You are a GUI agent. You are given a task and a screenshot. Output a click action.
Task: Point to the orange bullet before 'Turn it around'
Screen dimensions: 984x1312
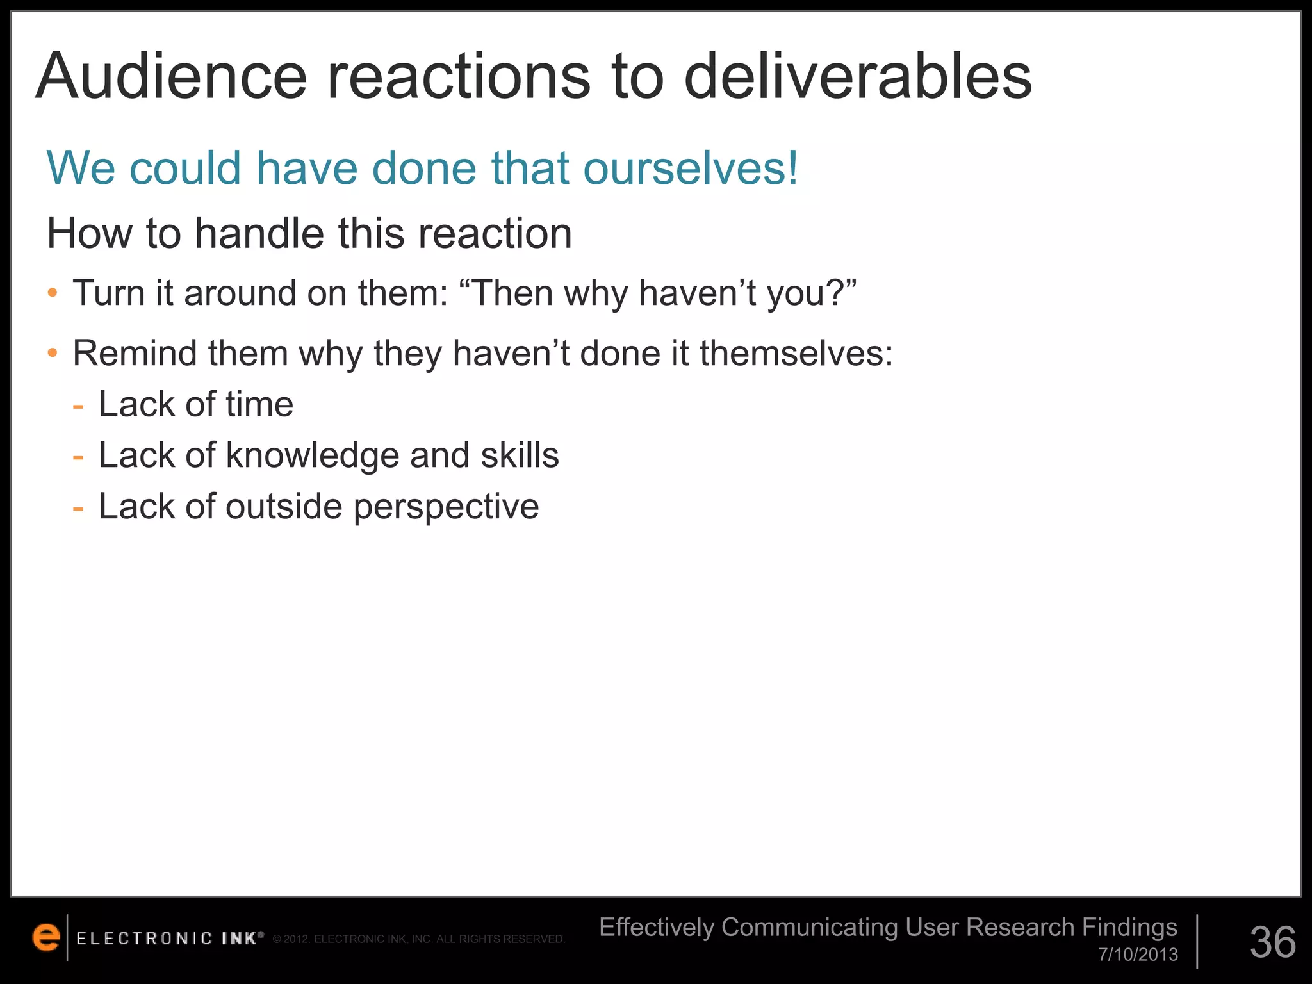[x=53, y=294]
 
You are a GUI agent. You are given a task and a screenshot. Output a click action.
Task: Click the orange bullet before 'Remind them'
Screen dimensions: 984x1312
[x=53, y=354]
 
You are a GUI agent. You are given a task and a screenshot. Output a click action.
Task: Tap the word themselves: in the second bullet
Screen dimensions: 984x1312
[x=796, y=354]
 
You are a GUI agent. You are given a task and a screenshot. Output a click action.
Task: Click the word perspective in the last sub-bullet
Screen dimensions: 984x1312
[x=446, y=507]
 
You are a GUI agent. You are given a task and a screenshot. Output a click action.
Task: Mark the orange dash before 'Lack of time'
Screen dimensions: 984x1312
[x=78, y=406]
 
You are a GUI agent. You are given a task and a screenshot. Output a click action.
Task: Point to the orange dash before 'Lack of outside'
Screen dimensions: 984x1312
[x=78, y=509]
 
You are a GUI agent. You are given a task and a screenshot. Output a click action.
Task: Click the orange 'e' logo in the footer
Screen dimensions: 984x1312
[x=46, y=937]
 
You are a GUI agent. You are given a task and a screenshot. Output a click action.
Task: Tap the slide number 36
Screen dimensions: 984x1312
[x=1273, y=942]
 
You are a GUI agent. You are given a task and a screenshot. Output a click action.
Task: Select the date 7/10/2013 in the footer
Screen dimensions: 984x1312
[x=1138, y=955]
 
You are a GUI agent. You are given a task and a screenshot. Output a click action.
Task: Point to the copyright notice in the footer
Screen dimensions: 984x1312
[x=419, y=940]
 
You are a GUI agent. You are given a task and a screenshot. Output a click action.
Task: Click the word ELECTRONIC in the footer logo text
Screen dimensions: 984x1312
[x=144, y=939]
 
